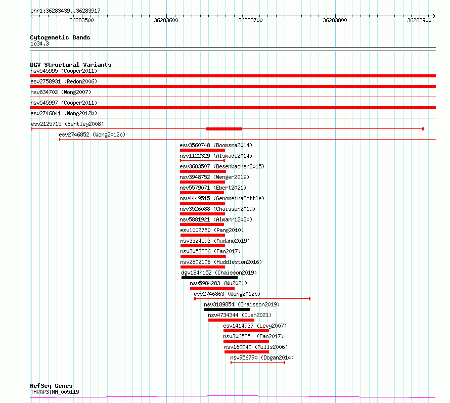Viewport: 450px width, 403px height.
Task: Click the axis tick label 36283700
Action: [x=250, y=20]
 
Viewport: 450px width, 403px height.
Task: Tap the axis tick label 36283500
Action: [x=81, y=20]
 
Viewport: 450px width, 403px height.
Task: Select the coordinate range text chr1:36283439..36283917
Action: [x=65, y=11]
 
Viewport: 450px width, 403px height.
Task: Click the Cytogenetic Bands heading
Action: [x=60, y=37]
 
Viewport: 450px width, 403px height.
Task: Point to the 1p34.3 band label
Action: [x=39, y=43]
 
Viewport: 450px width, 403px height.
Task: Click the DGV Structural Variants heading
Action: [x=71, y=65]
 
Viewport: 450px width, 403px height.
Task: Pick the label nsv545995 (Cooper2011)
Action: [x=64, y=71]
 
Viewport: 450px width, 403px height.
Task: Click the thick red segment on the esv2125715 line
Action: [x=224, y=129]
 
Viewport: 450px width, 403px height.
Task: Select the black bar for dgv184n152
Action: [x=209, y=278]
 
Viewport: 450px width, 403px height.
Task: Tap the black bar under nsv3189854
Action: [x=227, y=309]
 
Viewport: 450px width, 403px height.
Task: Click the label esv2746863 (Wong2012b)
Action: [x=227, y=294]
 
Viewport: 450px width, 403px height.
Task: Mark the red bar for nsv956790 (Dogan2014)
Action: [x=258, y=363]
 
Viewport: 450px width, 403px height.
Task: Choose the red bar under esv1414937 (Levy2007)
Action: [x=246, y=331]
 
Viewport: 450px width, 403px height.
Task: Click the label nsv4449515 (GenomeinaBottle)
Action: [x=222, y=198]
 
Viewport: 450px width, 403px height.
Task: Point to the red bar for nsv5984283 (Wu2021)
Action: [x=212, y=288]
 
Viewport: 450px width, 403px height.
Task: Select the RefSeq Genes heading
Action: [x=52, y=386]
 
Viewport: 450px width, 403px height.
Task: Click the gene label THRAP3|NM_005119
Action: [x=55, y=392]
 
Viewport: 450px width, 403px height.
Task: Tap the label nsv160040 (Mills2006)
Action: [x=256, y=347]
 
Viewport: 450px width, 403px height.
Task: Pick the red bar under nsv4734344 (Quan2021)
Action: [x=231, y=320]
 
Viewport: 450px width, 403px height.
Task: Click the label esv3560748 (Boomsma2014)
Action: [x=216, y=145]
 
